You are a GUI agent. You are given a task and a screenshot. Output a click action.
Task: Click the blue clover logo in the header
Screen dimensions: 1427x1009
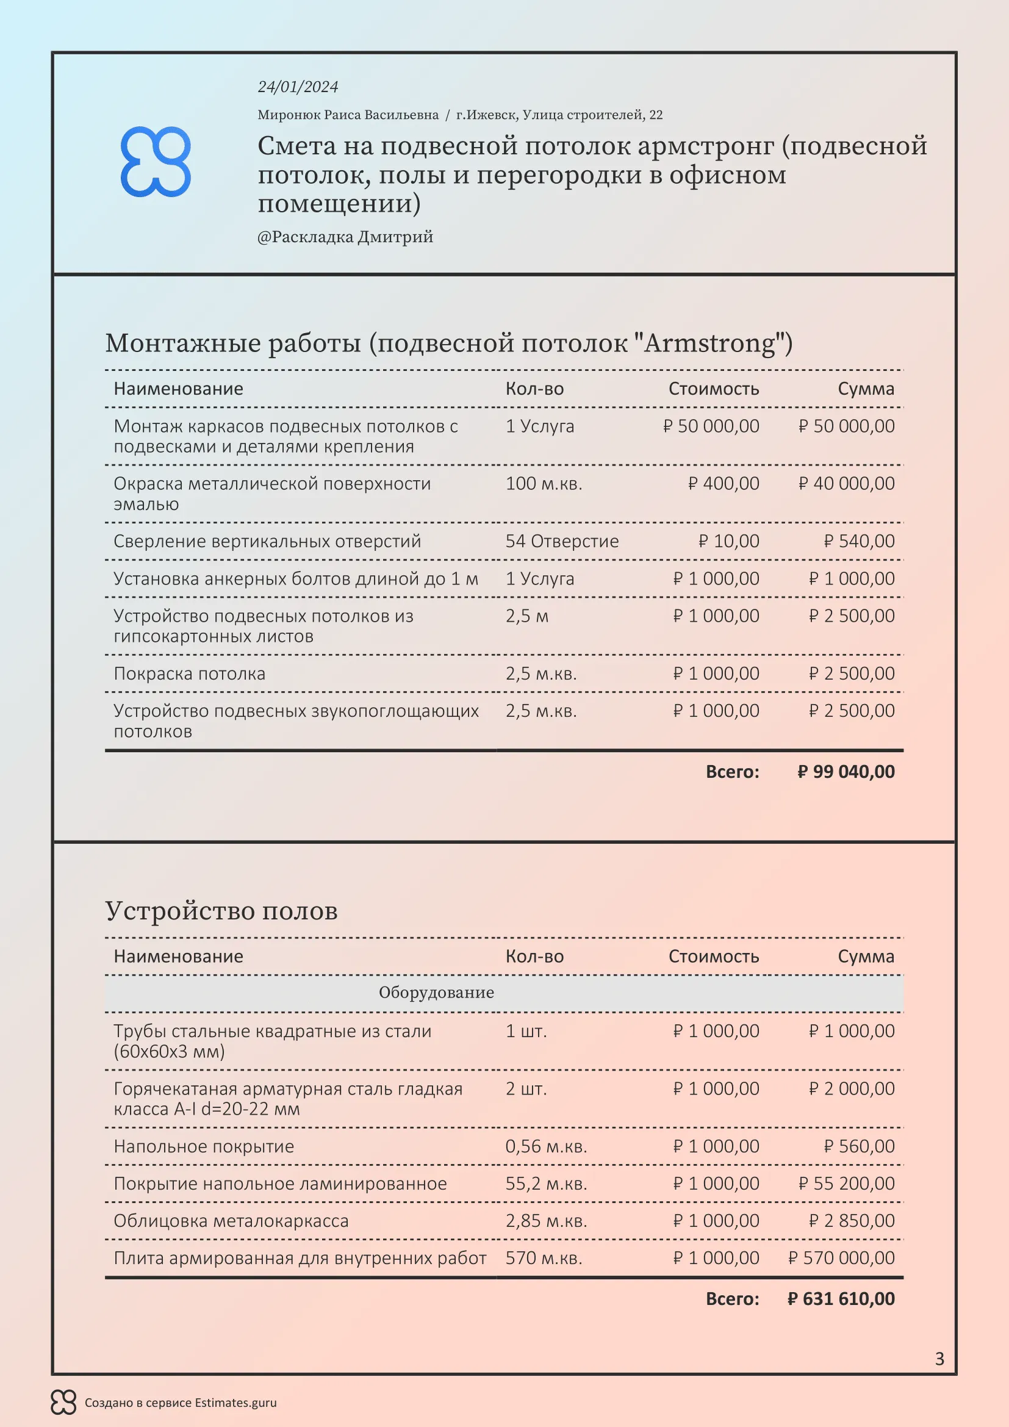(x=156, y=162)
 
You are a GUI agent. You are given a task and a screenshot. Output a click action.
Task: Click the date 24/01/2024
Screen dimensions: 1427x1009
(x=298, y=87)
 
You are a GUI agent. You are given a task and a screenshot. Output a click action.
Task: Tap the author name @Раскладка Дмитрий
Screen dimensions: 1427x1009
(x=345, y=237)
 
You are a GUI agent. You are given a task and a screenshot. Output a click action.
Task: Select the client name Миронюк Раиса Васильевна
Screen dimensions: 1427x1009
(x=348, y=115)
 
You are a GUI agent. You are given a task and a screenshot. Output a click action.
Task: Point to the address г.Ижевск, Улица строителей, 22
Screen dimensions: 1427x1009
(x=559, y=115)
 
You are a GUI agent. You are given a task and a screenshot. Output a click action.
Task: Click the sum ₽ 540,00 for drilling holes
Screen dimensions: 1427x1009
(x=860, y=541)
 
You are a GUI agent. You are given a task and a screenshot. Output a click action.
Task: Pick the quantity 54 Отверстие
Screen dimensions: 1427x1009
(x=562, y=541)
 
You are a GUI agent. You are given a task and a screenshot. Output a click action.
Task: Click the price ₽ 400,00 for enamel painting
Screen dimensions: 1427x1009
(x=724, y=484)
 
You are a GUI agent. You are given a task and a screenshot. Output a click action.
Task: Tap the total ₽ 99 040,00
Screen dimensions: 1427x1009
(x=846, y=772)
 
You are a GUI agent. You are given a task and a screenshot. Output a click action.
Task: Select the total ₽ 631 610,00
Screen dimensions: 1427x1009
(x=841, y=1298)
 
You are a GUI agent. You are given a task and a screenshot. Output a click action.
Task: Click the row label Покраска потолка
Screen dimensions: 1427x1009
(x=190, y=674)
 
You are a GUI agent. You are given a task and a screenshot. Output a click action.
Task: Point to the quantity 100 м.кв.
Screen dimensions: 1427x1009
(x=544, y=484)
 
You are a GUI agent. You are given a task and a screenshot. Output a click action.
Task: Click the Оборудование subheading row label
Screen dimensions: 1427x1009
(x=436, y=993)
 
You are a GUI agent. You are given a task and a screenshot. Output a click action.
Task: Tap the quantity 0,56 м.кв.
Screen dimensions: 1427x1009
(x=546, y=1146)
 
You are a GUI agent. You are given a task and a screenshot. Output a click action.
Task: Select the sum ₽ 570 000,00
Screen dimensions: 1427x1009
(x=841, y=1258)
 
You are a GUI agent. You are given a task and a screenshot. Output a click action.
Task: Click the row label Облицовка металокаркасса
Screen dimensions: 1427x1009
(x=231, y=1221)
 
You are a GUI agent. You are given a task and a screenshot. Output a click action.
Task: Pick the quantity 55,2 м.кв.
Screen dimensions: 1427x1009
(x=546, y=1184)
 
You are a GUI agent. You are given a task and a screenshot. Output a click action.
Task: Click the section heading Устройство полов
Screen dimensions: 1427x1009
(x=221, y=911)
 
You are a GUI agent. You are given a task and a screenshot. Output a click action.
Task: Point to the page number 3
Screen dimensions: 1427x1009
(x=939, y=1359)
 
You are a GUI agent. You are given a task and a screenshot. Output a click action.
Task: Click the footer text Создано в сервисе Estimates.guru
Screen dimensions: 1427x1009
(x=180, y=1403)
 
